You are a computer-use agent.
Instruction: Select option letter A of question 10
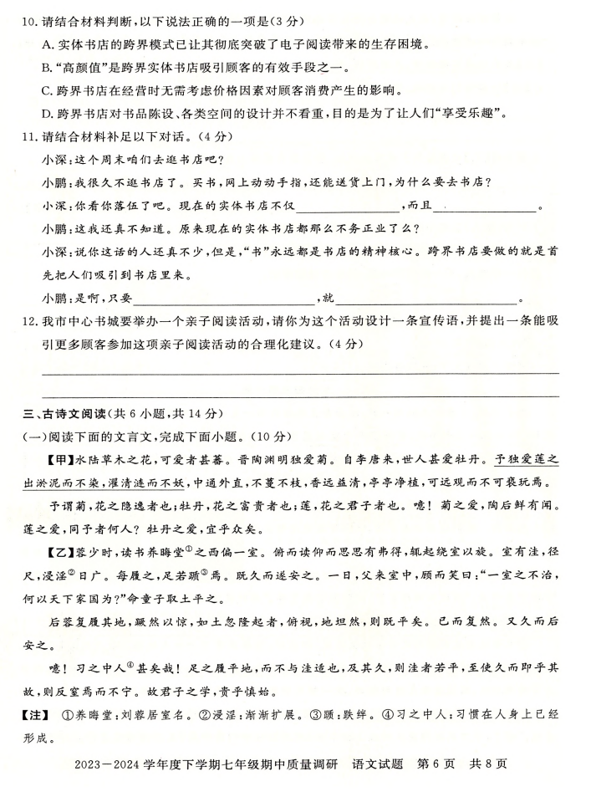click(x=46, y=45)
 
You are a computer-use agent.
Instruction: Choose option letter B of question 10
click(x=46, y=68)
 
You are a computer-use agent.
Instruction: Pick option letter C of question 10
click(x=46, y=90)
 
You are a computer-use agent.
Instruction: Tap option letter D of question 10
click(x=47, y=114)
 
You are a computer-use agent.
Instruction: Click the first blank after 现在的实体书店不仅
click(x=348, y=207)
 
